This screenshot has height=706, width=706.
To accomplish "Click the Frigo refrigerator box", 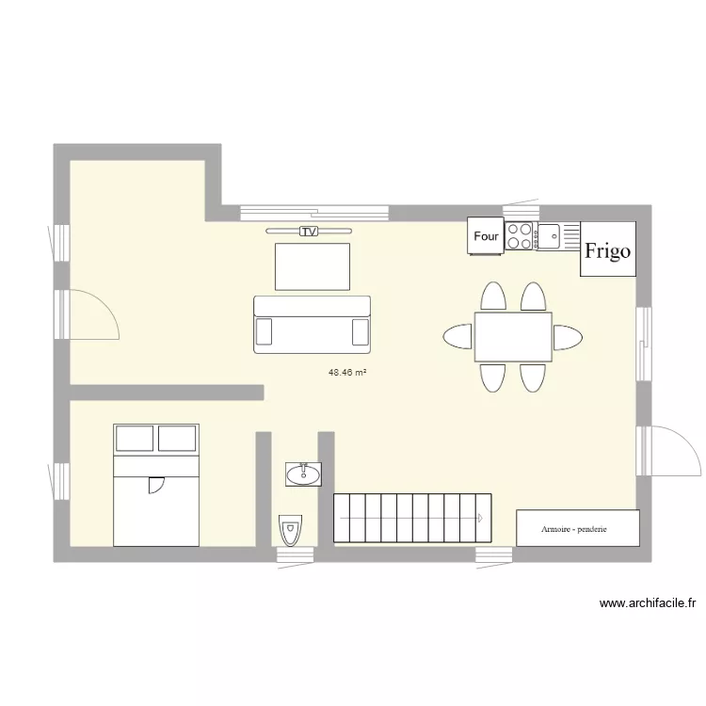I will pos(607,249).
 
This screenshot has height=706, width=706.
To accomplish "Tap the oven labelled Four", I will pos(486,236).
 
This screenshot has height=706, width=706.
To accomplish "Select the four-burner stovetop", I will pos(520,235).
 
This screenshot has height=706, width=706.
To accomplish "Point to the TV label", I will pos(308,231).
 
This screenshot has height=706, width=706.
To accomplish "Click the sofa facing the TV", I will pos(312,325).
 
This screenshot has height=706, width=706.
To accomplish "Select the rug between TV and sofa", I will pos(312,266).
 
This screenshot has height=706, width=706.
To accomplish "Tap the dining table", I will pos(513,337).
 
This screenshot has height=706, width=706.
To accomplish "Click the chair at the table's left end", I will pos(457,337).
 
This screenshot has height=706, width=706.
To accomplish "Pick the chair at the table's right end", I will pos(568,337).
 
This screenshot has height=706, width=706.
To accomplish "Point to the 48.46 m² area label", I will pos(346,373).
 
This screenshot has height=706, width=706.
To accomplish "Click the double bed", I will pos(156,485).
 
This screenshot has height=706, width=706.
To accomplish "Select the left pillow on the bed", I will pos(134,439).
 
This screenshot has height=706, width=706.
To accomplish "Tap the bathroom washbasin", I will pos(303,473).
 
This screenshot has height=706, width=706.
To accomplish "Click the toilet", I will pos(290,531).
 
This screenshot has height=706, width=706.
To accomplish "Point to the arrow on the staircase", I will pos(479,518).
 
